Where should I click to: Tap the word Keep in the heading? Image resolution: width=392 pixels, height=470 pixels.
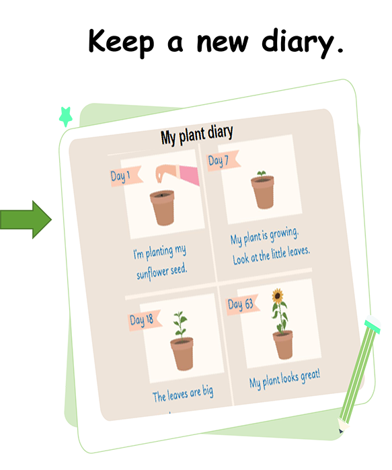pyautogui.click(x=122, y=42)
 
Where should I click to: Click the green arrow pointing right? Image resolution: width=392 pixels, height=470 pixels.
pyautogui.click(x=26, y=220)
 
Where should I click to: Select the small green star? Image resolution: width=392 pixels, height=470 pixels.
pyautogui.click(x=66, y=116)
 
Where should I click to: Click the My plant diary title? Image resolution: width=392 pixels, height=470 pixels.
pyautogui.click(x=197, y=135)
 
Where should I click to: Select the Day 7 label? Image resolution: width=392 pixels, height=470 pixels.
pyautogui.click(x=218, y=161)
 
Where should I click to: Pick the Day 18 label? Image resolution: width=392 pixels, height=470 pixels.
pyautogui.click(x=141, y=320)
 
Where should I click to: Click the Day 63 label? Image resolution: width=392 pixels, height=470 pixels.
pyautogui.click(x=240, y=305)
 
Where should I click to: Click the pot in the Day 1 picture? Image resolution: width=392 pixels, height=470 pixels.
pyautogui.click(x=163, y=207)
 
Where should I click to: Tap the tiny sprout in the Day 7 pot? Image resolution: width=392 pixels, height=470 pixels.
pyautogui.click(x=262, y=174)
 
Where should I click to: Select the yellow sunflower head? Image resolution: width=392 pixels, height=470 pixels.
pyautogui.click(x=278, y=296)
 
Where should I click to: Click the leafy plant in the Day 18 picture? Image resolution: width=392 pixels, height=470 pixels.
pyautogui.click(x=180, y=325)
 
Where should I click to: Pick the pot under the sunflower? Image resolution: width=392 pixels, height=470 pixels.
pyautogui.click(x=283, y=344)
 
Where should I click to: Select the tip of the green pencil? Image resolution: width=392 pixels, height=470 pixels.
pyautogui.click(x=341, y=431)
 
